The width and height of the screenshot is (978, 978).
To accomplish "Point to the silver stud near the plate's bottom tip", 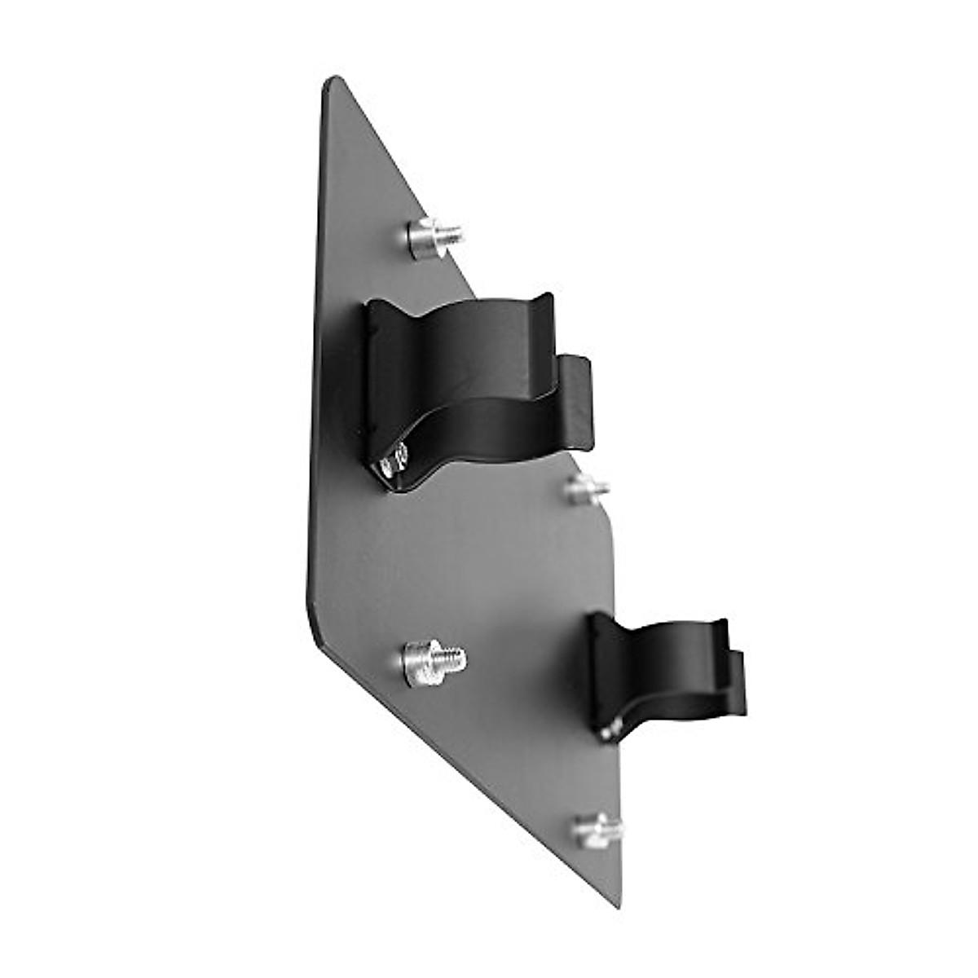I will (x=597, y=830).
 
